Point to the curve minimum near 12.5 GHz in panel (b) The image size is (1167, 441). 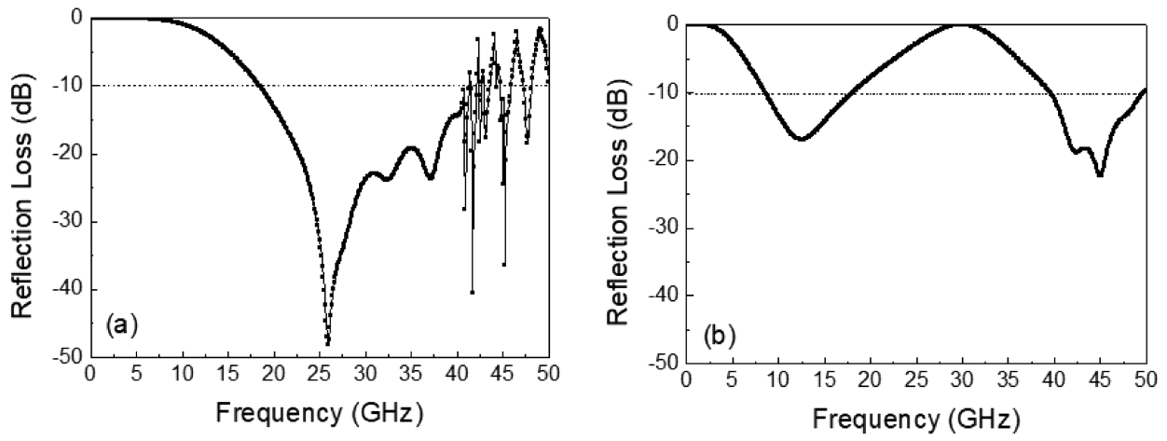tap(801, 139)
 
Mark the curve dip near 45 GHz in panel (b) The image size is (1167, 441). tap(1100, 175)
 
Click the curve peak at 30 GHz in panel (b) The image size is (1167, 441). tap(962, 25)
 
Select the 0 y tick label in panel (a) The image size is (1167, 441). tap(76, 18)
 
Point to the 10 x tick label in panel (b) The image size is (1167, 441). tap(778, 380)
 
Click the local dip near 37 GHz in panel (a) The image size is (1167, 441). tap(431, 177)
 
